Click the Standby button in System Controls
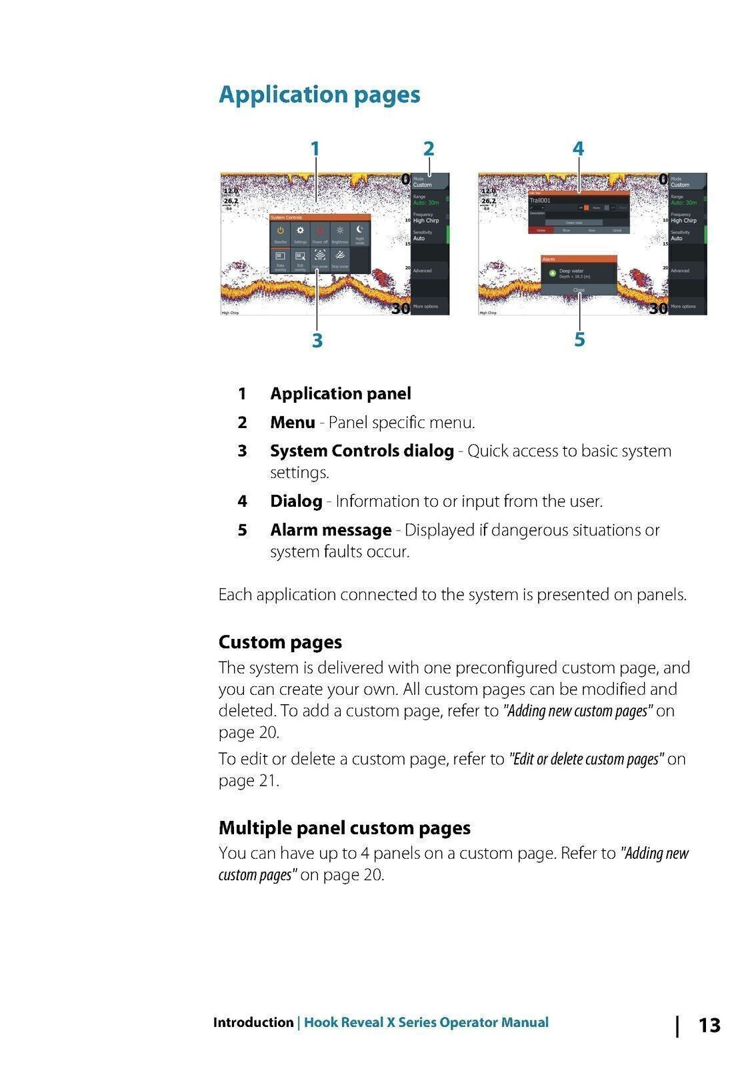(280, 233)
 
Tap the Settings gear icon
(300, 233)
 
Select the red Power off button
(320, 233)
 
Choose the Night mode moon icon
(360, 233)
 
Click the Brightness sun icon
(340, 233)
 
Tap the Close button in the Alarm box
(579, 290)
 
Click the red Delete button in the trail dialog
(541, 230)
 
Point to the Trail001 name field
(541, 200)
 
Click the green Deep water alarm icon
(552, 273)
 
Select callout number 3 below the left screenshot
(317, 340)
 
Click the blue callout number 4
(578, 148)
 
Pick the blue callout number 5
(579, 339)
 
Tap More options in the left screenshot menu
(426, 307)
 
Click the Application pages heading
(319, 95)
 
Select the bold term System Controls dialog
(361, 451)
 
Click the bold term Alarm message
(331, 530)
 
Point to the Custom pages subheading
(280, 642)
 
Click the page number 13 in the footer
(709, 1025)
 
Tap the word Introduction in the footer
(253, 1022)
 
